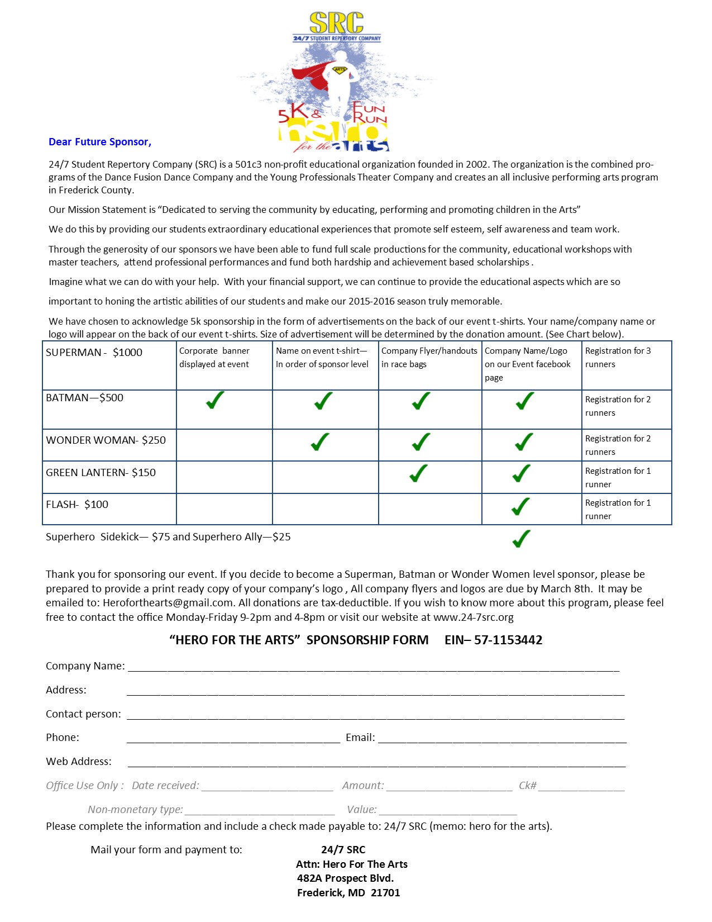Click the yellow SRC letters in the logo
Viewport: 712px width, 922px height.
[337, 23]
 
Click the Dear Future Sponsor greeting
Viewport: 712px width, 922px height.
[100, 142]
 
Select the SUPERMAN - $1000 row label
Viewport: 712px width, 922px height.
[94, 353]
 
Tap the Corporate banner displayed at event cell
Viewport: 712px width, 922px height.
[214, 358]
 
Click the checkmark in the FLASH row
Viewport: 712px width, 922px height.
[520, 507]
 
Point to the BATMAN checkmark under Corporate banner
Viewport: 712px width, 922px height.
[215, 400]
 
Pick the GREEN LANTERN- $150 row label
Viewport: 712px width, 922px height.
[101, 473]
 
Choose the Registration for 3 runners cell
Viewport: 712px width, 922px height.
[618, 358]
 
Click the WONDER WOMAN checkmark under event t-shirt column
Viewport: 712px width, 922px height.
[321, 442]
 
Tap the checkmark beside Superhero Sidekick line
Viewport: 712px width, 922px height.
[521, 539]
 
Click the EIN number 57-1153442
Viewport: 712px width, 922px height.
[508, 640]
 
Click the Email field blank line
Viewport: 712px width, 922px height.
[502, 741]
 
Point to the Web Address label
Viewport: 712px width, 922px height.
[79, 762]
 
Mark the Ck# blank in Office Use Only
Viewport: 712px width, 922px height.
[581, 789]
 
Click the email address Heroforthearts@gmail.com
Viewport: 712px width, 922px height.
[168, 603]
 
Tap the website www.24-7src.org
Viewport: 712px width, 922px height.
[473, 617]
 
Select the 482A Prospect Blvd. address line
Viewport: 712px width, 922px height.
[345, 878]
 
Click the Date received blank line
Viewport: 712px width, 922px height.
[267, 789]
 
